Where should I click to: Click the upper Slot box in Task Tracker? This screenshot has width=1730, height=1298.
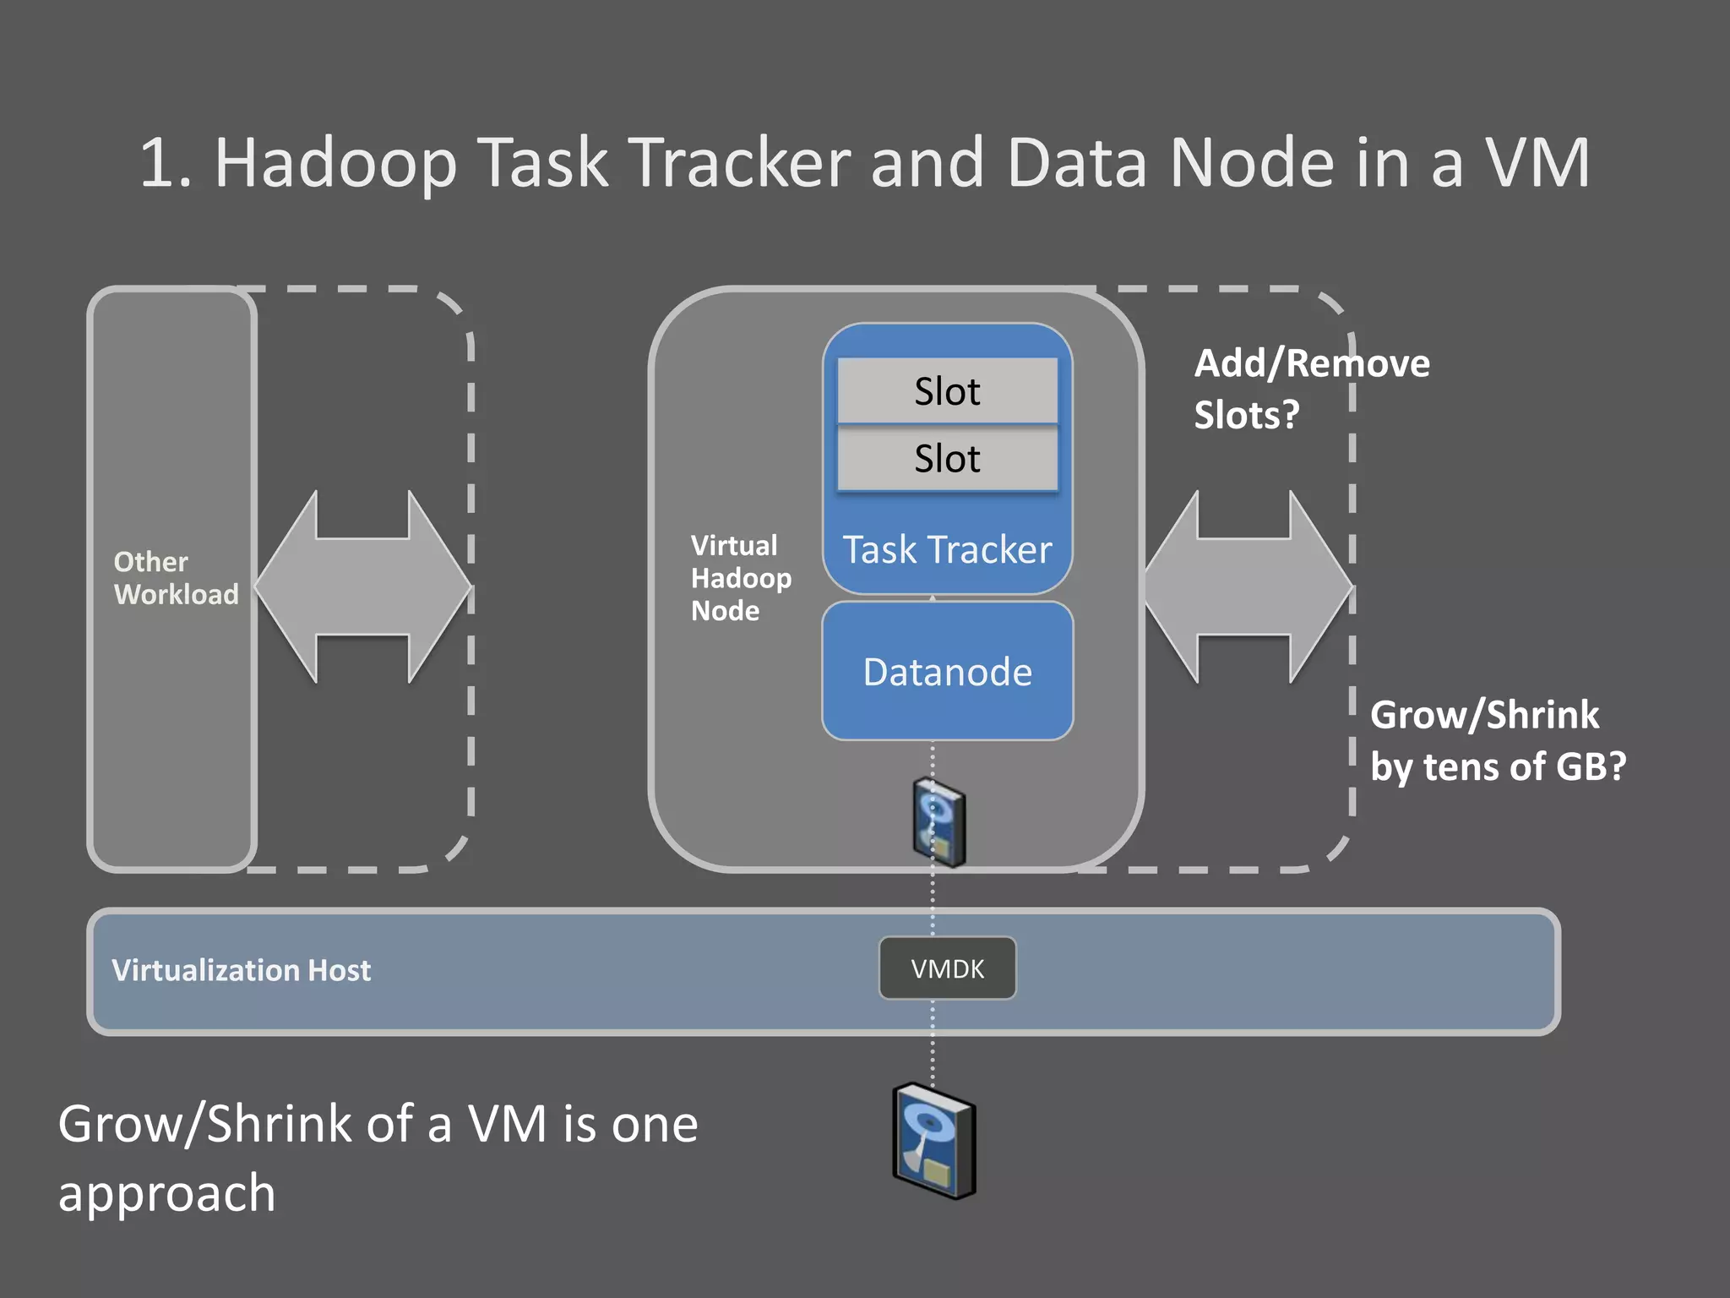[x=947, y=391]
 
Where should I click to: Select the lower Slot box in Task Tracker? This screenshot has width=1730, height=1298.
[x=947, y=459]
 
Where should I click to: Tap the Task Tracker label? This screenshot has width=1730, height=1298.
[x=947, y=550]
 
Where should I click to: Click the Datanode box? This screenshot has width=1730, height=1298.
[x=947, y=672]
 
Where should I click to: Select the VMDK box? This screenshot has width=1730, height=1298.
[x=947, y=968]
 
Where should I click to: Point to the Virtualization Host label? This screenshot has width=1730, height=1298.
[x=241, y=970]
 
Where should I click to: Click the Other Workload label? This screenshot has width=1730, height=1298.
[x=175, y=578]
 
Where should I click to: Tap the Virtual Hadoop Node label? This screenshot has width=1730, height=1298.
[x=740, y=578]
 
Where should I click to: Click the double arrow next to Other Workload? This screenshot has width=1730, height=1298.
[x=363, y=586]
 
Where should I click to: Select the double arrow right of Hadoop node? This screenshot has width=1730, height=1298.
[x=1246, y=586]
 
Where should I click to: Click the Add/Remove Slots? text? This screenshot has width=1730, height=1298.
[x=1310, y=389]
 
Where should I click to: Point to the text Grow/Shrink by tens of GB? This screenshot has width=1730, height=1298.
[x=1497, y=741]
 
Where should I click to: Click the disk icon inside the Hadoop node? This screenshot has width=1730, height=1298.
[x=939, y=822]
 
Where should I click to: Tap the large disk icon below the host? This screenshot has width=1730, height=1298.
[x=934, y=1141]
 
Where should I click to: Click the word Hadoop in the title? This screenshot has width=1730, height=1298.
[x=335, y=163]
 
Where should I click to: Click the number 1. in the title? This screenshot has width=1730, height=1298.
[x=166, y=163]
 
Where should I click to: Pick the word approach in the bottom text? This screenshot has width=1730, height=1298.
[x=166, y=1194]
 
